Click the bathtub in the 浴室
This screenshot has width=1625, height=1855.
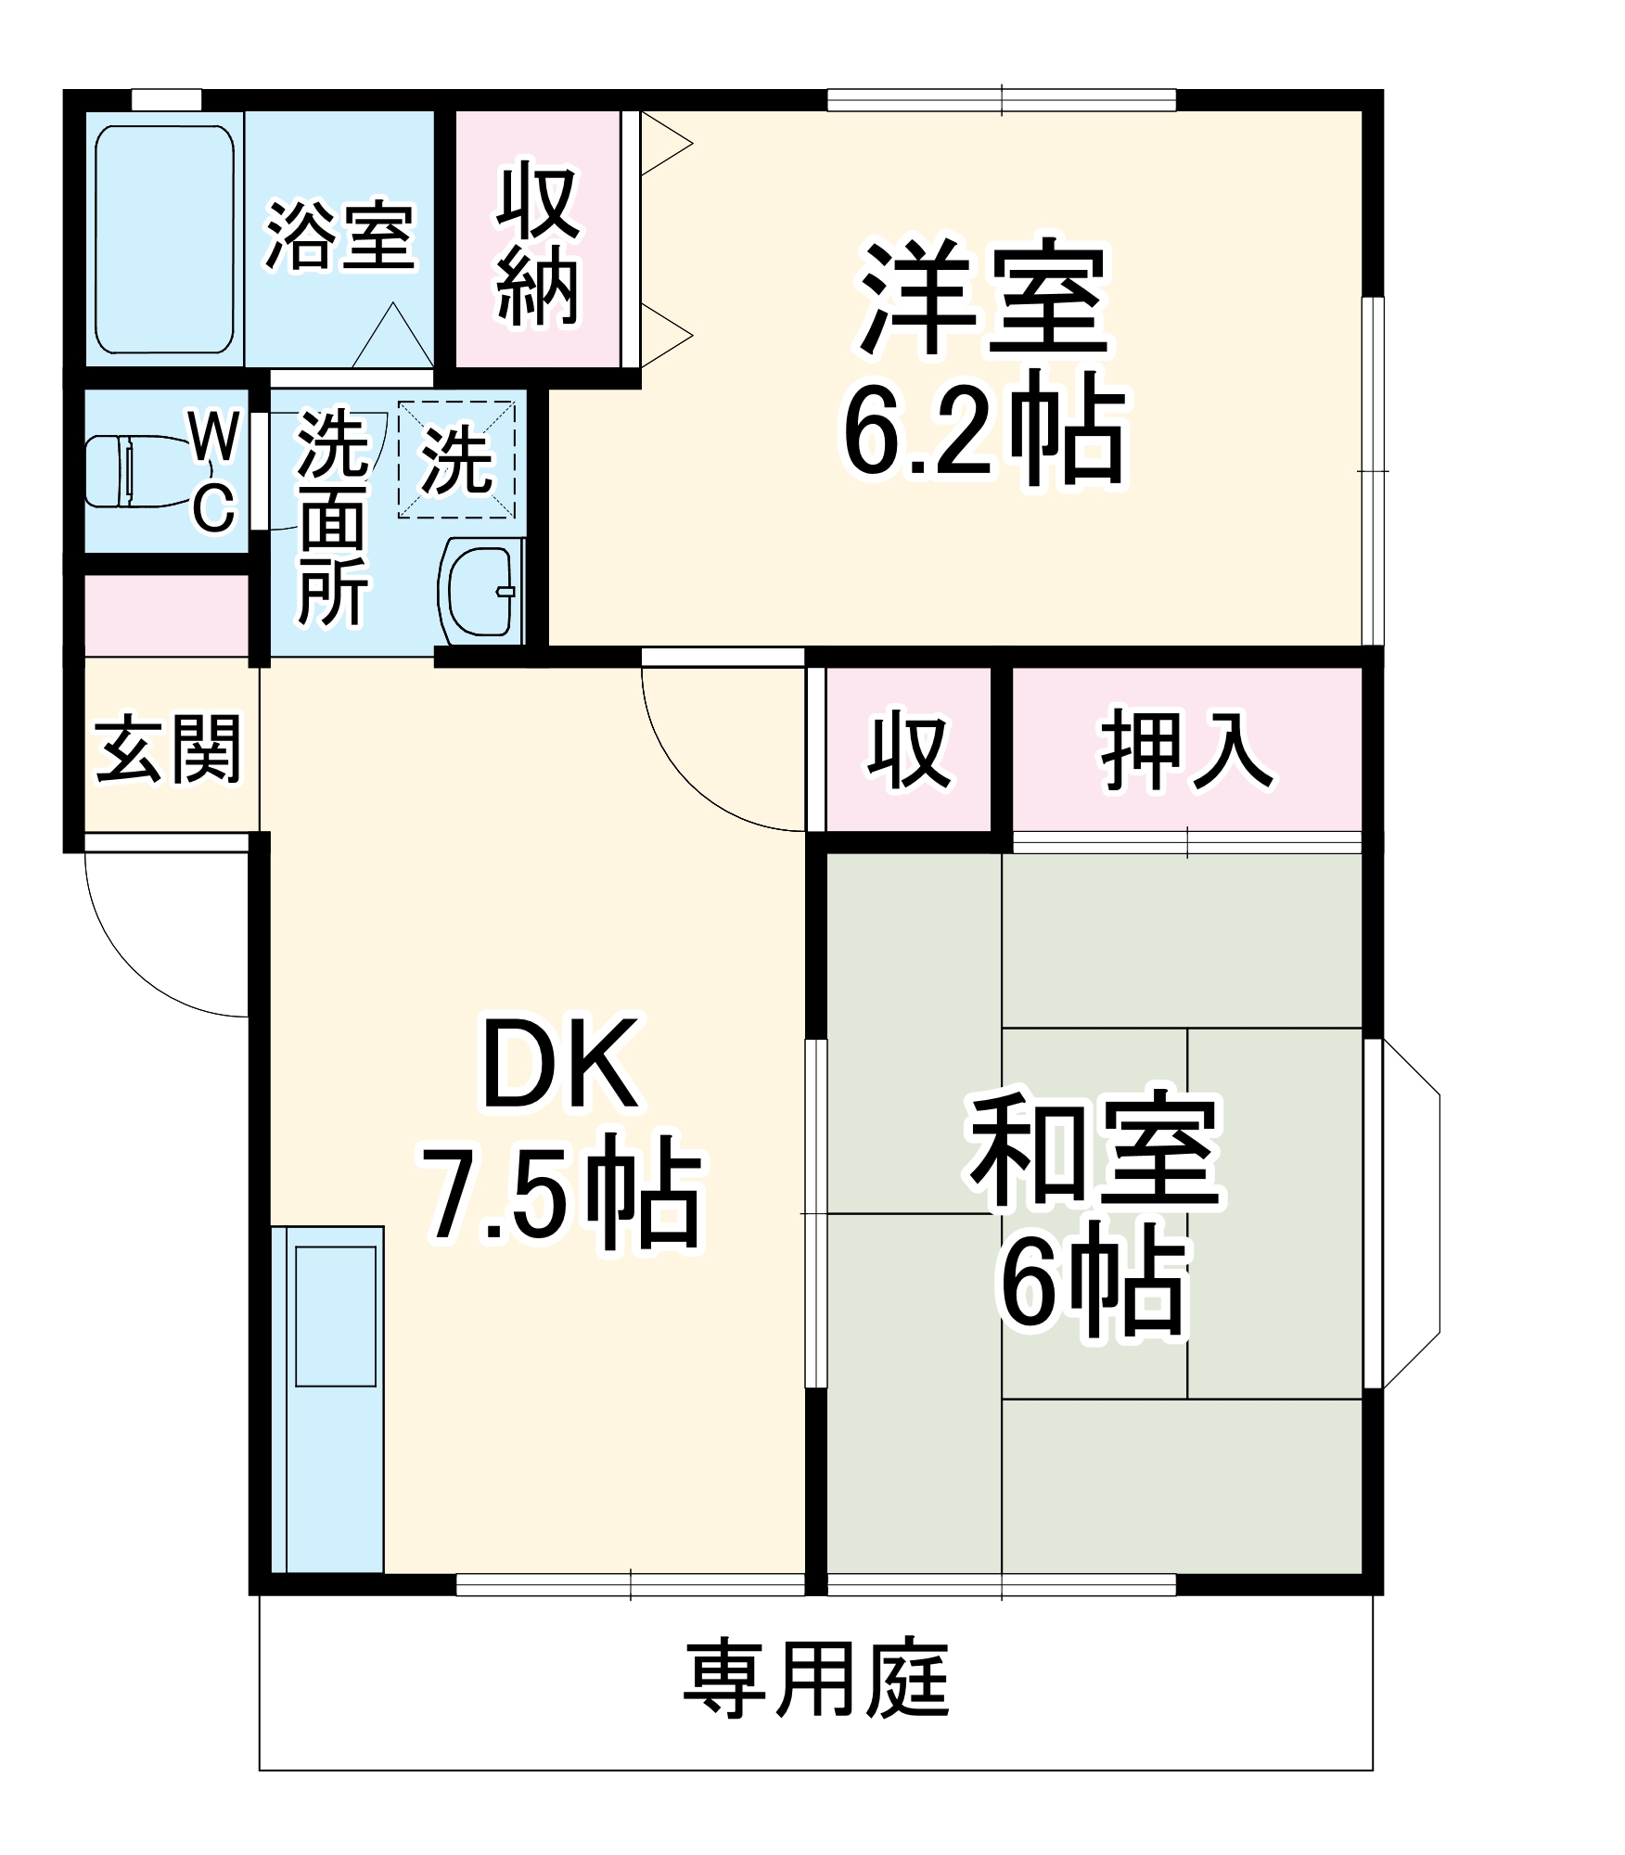point(164,238)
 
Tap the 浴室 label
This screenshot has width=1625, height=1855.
point(339,237)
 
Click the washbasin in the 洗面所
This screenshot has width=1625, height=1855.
point(480,590)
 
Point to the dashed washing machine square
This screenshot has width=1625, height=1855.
point(456,460)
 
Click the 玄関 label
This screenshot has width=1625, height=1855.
point(168,748)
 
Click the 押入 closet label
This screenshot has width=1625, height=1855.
point(1186,749)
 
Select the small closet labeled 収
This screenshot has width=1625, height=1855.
point(908,749)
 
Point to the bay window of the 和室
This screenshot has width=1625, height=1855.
point(1410,1213)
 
